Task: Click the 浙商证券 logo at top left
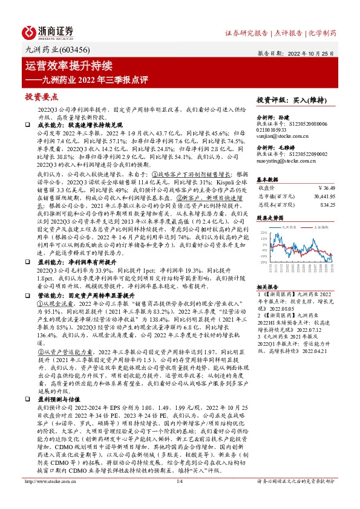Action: (49, 31)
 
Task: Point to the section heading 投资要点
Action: (41, 97)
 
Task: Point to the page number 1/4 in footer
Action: (179, 498)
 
